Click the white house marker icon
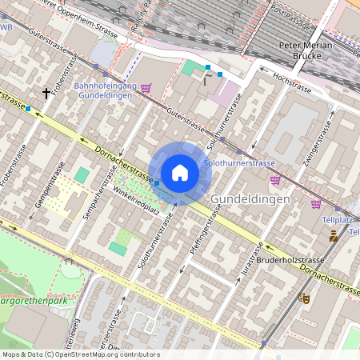point(180,173)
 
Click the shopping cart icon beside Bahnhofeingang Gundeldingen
point(146,88)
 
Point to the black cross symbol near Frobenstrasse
point(46,93)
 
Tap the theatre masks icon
point(304,298)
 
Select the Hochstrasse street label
point(292,83)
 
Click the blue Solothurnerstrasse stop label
point(240,162)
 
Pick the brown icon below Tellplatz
point(334,235)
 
